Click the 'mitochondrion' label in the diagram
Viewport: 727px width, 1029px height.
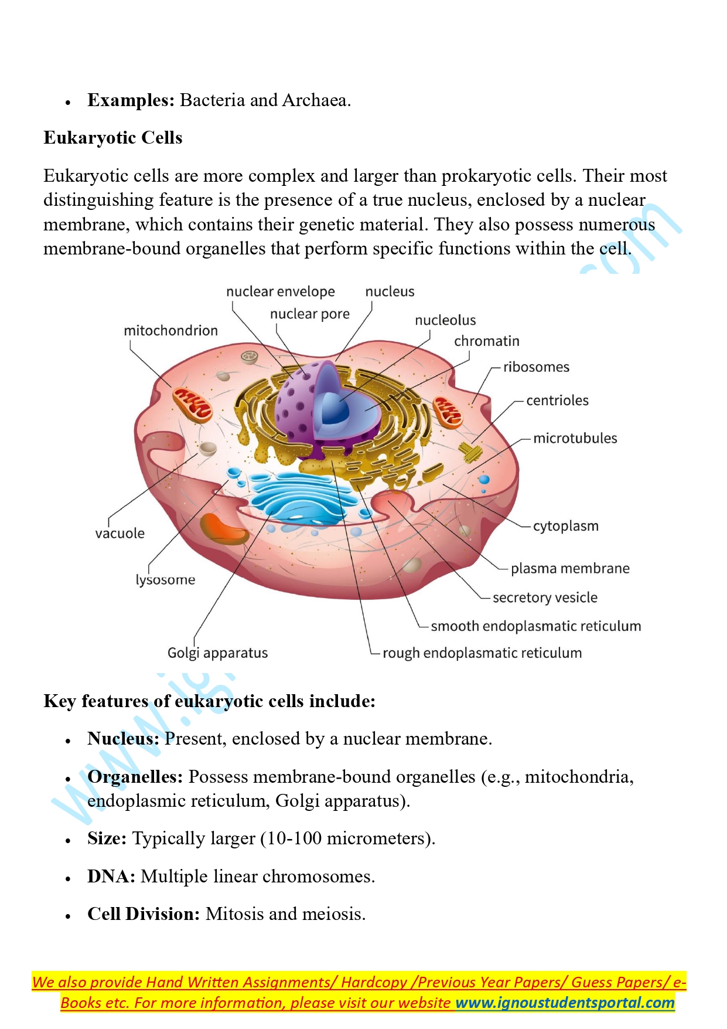point(170,331)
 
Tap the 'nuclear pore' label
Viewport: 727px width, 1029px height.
point(309,314)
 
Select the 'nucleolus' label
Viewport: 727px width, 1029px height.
point(445,320)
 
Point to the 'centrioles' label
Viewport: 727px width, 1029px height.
point(557,400)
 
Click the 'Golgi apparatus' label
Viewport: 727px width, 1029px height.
point(217,653)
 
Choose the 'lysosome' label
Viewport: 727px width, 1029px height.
point(165,580)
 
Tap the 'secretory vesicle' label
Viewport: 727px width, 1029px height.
point(545,597)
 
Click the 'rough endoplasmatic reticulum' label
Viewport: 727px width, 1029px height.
point(482,653)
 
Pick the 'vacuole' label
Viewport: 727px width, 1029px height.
point(120,534)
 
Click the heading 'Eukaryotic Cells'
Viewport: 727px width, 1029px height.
point(113,138)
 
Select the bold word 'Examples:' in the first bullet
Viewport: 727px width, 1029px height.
point(131,100)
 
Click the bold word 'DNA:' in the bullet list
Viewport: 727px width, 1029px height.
point(111,877)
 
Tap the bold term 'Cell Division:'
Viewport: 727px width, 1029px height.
point(144,914)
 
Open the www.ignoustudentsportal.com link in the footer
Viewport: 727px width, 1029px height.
point(565,1003)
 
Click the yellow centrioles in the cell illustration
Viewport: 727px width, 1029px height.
point(470,452)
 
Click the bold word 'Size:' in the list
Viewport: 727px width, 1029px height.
point(107,838)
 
